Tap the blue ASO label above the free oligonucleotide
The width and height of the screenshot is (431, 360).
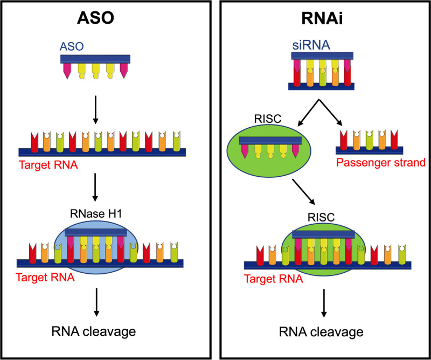(x=69, y=48)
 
